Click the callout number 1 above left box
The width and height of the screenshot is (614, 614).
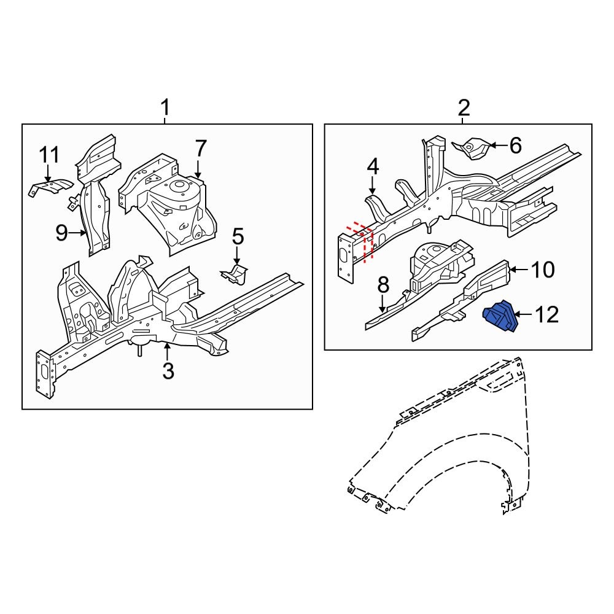(x=165, y=109)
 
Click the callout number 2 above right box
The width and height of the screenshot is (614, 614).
(x=464, y=109)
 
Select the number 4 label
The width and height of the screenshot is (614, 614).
(x=373, y=166)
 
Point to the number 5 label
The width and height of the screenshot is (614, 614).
(x=238, y=236)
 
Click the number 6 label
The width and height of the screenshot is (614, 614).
(x=515, y=146)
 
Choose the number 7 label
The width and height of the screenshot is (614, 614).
(x=201, y=149)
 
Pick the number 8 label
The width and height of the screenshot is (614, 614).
(x=383, y=285)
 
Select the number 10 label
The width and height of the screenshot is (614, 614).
(x=542, y=269)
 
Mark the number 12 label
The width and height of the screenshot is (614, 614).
(x=546, y=315)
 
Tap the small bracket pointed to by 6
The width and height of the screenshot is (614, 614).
(x=473, y=148)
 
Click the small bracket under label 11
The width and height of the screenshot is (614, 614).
(x=50, y=187)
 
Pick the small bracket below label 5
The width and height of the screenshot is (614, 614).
(x=235, y=274)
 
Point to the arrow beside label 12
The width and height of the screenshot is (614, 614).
(x=524, y=316)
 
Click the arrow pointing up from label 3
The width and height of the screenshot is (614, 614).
(x=168, y=351)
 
